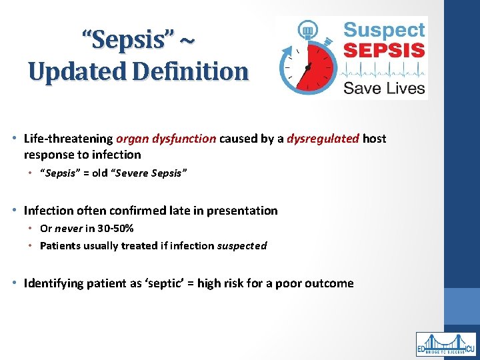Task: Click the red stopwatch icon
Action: click(x=307, y=61)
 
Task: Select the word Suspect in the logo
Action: click(x=383, y=30)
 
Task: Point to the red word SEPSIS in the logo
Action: click(x=383, y=49)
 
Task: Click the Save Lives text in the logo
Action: click(x=383, y=88)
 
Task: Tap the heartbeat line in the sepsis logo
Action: click(x=383, y=69)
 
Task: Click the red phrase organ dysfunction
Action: click(x=166, y=139)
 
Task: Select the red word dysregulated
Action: click(x=323, y=139)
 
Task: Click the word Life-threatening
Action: click(x=68, y=139)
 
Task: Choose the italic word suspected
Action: click(x=242, y=245)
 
